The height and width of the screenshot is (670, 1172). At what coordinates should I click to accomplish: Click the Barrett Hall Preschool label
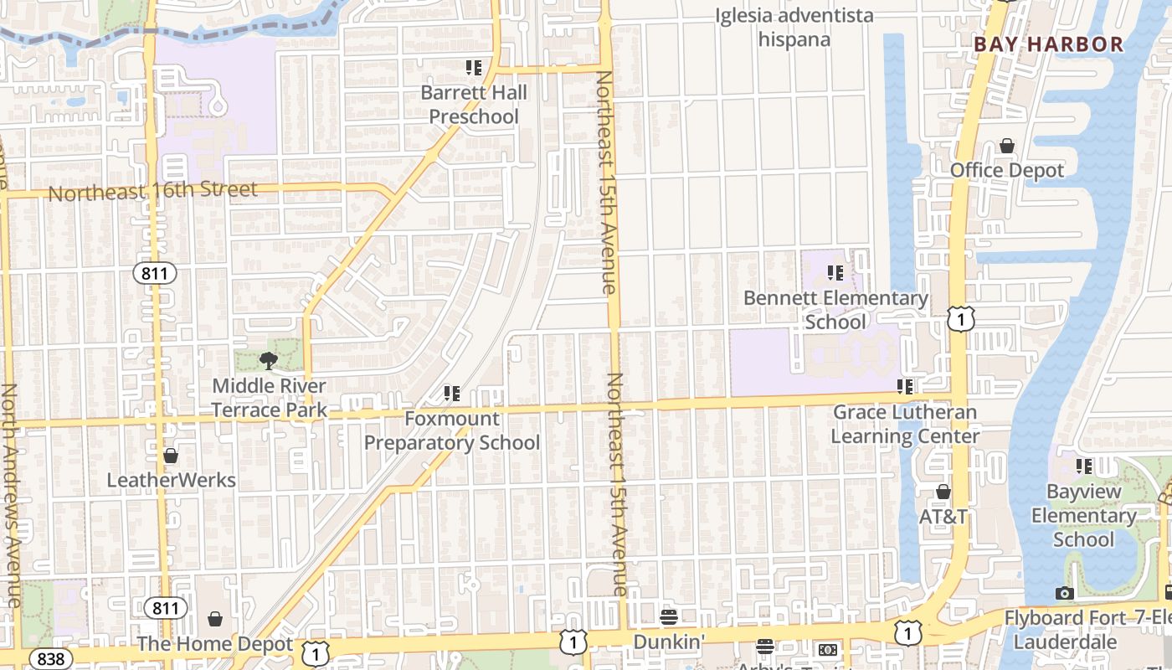[474, 105]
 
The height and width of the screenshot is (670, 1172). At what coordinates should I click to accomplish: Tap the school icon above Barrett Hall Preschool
[474, 67]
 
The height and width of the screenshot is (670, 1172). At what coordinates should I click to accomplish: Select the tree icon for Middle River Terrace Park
[269, 361]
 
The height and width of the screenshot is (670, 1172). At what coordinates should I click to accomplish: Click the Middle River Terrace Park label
[269, 398]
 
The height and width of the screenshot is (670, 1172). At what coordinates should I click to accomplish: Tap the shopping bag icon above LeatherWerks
[171, 456]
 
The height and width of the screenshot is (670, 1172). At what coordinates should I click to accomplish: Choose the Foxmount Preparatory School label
[452, 430]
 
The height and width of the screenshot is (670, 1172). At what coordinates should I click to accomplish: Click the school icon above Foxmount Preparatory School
[452, 393]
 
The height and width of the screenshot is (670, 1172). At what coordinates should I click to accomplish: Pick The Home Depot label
[215, 645]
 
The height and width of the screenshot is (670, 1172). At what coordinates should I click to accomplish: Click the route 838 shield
[51, 659]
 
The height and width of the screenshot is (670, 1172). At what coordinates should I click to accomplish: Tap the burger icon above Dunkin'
[669, 617]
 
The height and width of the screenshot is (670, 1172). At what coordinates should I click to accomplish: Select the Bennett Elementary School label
[835, 310]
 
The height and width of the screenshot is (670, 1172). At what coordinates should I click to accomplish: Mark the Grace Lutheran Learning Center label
[905, 425]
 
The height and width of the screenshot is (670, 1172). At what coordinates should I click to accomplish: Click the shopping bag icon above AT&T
[943, 492]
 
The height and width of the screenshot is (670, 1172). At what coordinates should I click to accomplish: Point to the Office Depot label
[1007, 171]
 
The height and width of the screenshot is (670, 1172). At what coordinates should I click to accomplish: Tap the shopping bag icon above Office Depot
[1007, 147]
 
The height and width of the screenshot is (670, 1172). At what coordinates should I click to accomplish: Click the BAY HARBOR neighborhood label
[1048, 45]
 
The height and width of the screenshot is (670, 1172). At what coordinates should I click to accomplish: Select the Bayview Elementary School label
[1084, 515]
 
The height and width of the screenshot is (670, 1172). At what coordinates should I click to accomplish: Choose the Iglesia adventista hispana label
[794, 28]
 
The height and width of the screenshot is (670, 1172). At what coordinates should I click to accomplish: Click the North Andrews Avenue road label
[10, 495]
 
